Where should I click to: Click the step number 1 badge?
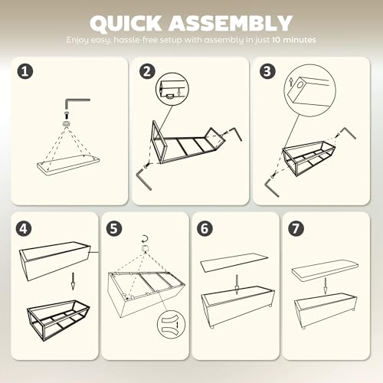[25, 71]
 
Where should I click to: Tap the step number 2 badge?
[147, 71]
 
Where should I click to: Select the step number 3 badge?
[267, 71]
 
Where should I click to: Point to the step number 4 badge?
[24, 228]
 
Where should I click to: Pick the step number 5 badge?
[114, 228]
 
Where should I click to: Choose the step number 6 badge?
[205, 228]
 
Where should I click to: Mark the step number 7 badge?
[296, 228]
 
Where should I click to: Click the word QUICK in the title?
[126, 23]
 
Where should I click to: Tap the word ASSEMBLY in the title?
[231, 23]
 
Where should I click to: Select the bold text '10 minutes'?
[293, 40]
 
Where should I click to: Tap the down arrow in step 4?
[73, 281]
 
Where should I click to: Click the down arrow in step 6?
[237, 284]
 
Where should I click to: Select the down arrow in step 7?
[325, 286]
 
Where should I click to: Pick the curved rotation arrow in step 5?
[145, 239]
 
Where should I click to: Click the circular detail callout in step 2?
[172, 90]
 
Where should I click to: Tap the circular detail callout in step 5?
[171, 325]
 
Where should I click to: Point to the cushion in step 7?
[325, 270]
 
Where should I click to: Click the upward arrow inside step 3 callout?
[290, 83]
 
